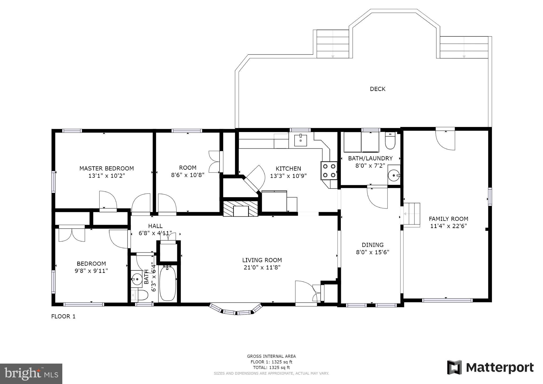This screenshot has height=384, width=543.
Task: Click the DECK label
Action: [378, 89]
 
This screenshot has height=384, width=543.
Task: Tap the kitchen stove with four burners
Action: [329, 171]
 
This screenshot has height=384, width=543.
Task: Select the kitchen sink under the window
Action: [300, 141]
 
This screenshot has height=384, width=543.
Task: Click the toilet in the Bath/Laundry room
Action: [390, 141]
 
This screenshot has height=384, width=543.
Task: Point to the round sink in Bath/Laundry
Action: [394, 175]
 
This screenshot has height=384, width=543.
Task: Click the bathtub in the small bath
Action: [168, 283]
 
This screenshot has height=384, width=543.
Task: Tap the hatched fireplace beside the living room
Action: [240, 209]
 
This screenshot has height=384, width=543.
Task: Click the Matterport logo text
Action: [500, 368]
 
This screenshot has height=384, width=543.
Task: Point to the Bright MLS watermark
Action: [31, 374]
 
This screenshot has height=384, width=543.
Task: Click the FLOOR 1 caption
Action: [63, 316]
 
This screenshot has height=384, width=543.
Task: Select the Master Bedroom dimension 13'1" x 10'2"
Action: [107, 176]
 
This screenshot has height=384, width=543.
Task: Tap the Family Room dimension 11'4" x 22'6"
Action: [448, 226]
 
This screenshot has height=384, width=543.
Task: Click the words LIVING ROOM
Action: [262, 260]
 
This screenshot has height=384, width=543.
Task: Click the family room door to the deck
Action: [445, 139]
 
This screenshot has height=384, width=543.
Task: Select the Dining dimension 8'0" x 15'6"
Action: [373, 252]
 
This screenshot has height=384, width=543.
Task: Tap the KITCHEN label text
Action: [288, 169]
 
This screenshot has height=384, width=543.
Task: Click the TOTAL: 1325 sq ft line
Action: [271, 368]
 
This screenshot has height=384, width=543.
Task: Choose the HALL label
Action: [155, 226]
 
